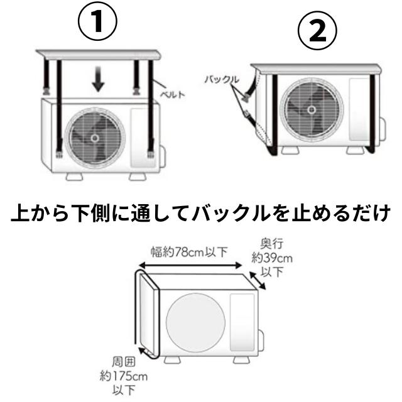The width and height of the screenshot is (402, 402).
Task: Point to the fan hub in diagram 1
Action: coord(95,136)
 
